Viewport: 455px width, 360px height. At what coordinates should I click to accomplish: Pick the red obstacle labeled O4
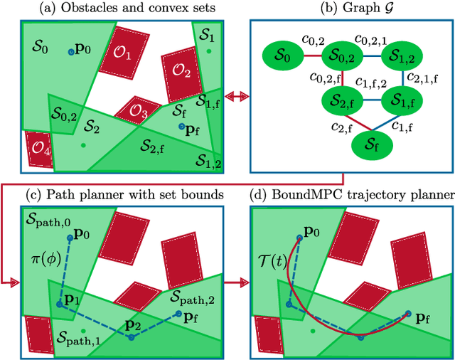point(38,149)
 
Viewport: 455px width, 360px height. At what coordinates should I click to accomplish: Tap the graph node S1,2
point(403,55)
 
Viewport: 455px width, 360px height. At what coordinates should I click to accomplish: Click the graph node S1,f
point(403,100)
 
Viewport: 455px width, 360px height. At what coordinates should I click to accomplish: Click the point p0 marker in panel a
point(71,51)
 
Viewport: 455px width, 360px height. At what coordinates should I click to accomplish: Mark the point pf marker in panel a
point(182,127)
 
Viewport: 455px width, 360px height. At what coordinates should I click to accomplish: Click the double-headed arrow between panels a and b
point(234,95)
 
